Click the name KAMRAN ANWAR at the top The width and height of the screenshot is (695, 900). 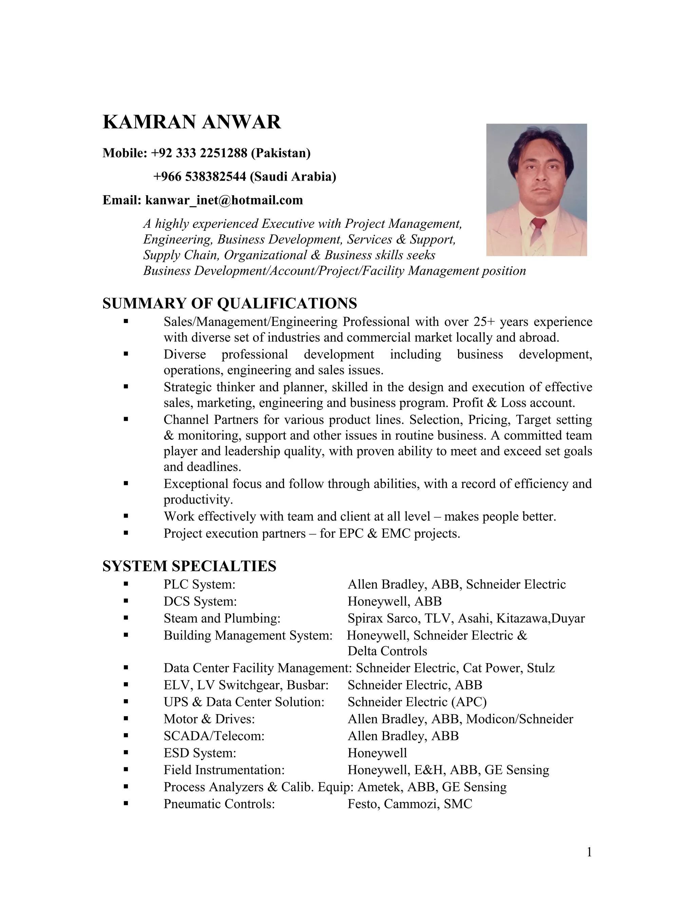(191, 122)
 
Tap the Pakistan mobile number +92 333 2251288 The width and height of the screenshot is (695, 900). (199, 153)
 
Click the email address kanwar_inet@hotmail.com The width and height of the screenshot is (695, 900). (224, 200)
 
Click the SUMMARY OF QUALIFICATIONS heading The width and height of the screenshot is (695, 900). (229, 303)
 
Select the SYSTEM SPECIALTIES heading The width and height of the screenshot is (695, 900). (189, 566)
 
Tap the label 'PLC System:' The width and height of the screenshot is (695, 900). (199, 584)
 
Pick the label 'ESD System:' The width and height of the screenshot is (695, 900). (200, 753)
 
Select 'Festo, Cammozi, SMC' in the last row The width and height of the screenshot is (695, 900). (410, 804)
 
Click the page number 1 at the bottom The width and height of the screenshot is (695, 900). (589, 852)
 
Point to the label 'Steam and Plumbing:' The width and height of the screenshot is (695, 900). (222, 618)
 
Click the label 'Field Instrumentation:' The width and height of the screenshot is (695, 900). (224, 770)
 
